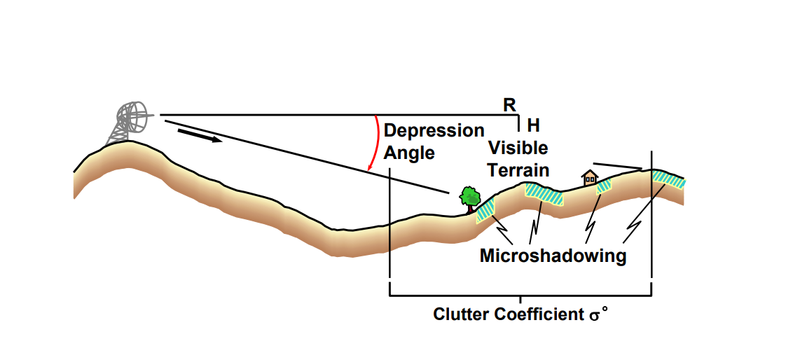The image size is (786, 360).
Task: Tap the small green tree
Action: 468,196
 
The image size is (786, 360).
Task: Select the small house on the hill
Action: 590,177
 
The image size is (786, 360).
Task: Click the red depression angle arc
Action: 375,144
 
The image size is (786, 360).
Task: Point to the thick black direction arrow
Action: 199,134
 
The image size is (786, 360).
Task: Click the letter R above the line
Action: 509,104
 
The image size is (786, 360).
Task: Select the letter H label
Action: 533,125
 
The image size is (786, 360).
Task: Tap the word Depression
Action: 434,131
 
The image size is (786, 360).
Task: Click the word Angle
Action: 409,152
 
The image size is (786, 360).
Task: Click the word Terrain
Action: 518,169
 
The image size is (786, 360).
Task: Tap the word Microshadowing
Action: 552,256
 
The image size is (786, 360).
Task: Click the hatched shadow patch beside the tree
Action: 486,210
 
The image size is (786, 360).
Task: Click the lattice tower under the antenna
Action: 118,133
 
